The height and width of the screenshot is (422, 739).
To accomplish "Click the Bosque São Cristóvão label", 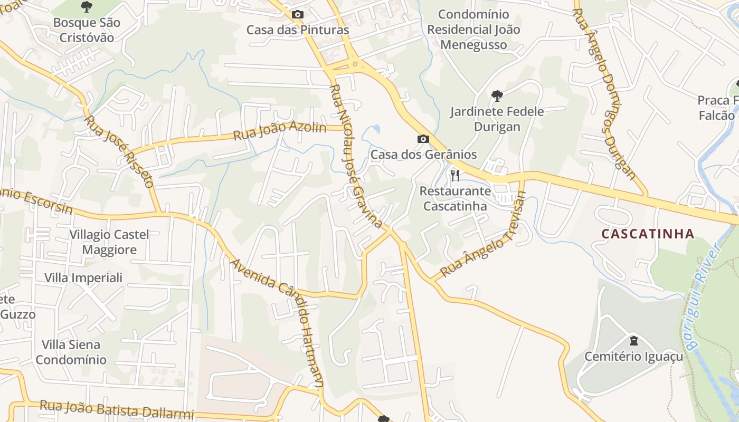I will (87, 30).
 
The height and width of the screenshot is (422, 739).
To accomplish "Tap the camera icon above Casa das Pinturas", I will (298, 14).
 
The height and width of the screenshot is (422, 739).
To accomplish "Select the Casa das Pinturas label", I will (298, 30).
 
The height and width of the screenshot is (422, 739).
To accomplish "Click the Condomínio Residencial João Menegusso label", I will (473, 30).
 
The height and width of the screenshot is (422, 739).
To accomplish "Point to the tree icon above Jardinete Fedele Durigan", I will (497, 95).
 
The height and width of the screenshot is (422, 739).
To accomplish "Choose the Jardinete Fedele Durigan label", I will (497, 119).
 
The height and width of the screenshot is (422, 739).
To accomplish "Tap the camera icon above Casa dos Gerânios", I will (423, 139).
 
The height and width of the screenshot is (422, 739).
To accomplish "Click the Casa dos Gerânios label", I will (423, 155).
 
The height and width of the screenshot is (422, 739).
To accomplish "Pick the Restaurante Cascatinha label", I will (455, 198).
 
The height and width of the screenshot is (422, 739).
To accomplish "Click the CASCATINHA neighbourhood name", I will (648, 234).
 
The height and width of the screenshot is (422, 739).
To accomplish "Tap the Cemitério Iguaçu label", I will (633, 357).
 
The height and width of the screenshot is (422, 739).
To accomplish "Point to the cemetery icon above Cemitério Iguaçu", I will (633, 340).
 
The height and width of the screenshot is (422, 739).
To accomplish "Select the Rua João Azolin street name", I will (280, 131).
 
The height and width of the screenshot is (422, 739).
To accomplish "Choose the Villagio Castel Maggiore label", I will (109, 242).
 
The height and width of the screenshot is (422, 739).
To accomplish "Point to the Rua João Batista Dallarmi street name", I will (117, 410).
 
